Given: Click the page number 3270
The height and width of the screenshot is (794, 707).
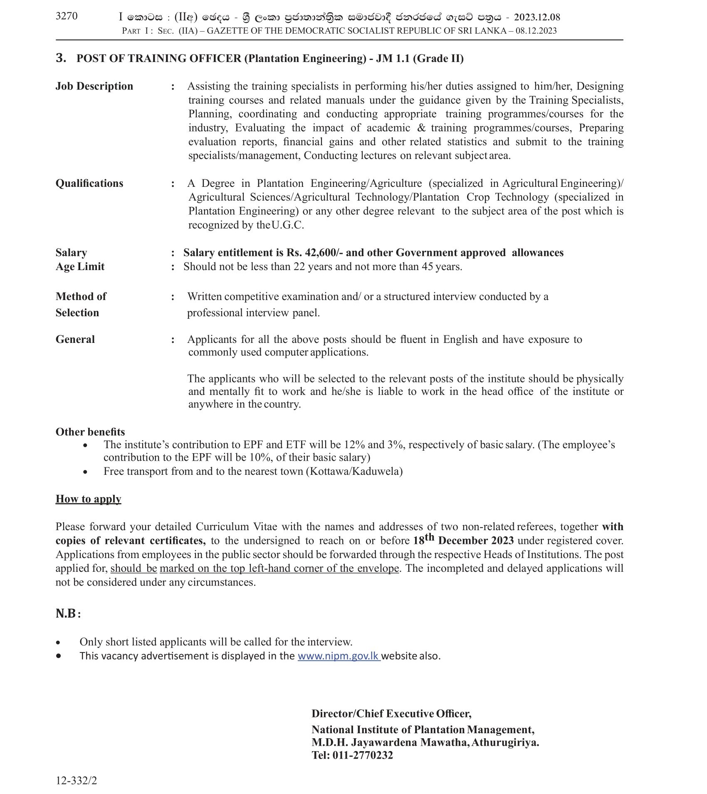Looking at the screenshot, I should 66,16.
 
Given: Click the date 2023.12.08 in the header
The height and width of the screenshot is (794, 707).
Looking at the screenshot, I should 537,17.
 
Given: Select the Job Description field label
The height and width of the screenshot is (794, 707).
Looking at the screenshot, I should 94,86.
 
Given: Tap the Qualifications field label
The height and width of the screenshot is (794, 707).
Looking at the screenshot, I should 89,184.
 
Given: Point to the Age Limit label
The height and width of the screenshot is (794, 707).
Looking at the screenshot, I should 80,266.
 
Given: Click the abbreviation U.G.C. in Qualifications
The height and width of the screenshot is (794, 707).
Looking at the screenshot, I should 288,225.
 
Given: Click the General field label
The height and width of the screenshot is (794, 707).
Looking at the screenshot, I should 75,339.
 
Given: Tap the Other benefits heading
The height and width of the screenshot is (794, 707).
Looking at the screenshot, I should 90,432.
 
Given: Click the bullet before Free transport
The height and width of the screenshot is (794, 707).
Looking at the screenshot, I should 85,472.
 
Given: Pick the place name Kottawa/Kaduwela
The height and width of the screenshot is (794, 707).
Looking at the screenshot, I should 354,471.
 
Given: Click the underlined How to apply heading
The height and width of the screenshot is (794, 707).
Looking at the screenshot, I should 89,499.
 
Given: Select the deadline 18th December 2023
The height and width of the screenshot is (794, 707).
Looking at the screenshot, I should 463,540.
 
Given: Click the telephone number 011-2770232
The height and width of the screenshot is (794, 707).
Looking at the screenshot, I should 363,755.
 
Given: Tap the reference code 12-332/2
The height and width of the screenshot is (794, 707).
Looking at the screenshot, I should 77,780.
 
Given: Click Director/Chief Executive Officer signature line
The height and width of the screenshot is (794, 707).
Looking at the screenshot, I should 391,714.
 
